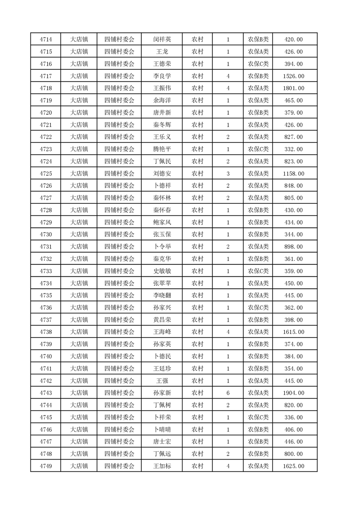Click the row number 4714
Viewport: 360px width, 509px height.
(45, 39)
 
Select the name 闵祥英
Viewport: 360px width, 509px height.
(162, 39)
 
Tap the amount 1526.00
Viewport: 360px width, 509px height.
(293, 76)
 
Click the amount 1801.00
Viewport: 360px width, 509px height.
(293, 88)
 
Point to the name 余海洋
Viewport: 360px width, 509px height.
(162, 101)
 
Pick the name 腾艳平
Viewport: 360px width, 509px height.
(162, 149)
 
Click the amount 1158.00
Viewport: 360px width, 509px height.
(293, 174)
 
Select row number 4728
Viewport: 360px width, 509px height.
(45, 210)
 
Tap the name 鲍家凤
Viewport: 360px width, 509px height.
(162, 222)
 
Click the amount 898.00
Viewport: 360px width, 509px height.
(293, 247)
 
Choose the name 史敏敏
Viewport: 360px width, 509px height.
(162, 271)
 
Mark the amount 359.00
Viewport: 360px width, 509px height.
(293, 271)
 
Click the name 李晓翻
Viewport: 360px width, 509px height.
(162, 295)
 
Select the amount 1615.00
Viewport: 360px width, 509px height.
(293, 332)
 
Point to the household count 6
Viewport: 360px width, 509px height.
(228, 381)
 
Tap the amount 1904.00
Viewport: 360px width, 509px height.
(293, 381)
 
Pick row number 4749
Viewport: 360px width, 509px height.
(45, 466)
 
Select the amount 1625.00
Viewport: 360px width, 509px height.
(293, 466)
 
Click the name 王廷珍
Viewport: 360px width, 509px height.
(162, 368)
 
